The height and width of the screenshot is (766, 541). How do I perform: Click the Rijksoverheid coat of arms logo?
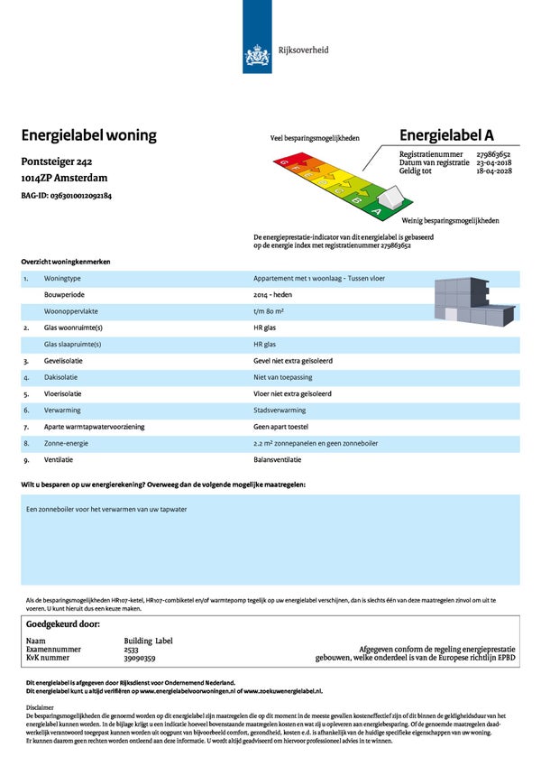(x=257, y=57)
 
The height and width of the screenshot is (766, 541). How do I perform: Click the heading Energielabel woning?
(x=88, y=135)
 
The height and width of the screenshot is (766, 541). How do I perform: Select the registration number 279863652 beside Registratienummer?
(x=498, y=154)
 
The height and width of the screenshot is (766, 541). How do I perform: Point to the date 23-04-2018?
(x=499, y=162)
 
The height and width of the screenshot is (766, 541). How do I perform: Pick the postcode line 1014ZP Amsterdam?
(x=65, y=179)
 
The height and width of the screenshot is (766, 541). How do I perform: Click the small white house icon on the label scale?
(x=390, y=197)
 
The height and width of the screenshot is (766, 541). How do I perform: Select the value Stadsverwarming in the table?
(x=280, y=409)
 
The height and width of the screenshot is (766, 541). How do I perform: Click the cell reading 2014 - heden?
(x=273, y=295)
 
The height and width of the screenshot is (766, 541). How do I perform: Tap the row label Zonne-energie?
(x=65, y=443)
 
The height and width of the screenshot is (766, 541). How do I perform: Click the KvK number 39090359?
(x=141, y=658)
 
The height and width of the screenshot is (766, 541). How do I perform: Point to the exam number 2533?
(x=131, y=650)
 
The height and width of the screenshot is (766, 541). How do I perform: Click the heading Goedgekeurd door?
(x=63, y=623)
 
